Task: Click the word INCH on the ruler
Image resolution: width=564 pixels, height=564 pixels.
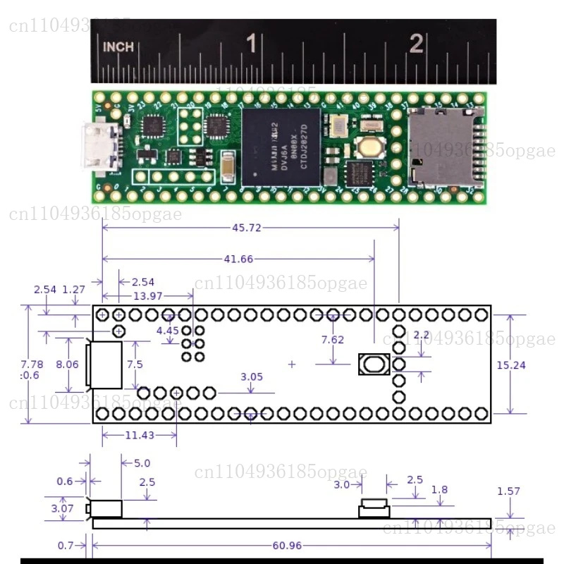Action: (x=118, y=47)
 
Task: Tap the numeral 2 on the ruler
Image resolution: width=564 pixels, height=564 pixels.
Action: (x=417, y=44)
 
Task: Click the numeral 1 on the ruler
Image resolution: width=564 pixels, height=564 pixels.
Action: (x=250, y=44)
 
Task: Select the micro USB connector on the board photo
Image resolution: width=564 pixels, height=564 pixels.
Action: (x=95, y=147)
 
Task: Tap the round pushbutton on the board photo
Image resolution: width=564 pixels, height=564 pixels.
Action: (x=368, y=147)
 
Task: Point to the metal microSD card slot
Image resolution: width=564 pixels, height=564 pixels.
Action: (x=442, y=147)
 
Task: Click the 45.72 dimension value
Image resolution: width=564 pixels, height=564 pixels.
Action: (x=247, y=227)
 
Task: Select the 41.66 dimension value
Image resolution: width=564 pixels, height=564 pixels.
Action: (x=238, y=259)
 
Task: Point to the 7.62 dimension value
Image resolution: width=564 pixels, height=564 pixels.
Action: (x=332, y=340)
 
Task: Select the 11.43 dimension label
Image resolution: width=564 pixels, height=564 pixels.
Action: (x=140, y=435)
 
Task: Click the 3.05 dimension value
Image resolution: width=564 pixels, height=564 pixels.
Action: (x=251, y=376)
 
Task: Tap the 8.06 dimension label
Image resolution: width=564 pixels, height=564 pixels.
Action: (x=68, y=364)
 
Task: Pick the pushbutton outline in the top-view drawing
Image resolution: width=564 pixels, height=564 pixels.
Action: (x=374, y=364)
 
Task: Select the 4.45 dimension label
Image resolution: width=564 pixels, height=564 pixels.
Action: (x=168, y=330)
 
